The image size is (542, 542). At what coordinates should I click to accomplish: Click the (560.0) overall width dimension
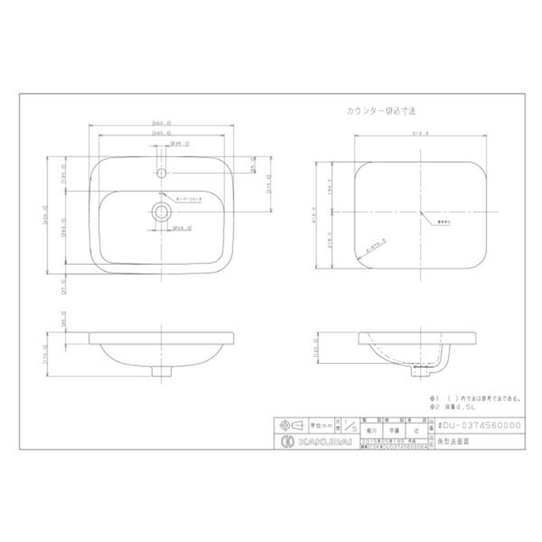coord(161,123)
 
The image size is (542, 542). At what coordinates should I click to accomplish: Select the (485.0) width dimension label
coord(161,134)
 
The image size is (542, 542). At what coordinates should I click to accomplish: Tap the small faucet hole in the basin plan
coord(161,173)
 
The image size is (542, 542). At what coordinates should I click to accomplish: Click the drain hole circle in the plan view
coord(161,211)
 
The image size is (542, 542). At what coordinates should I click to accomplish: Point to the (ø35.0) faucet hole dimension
coord(180,144)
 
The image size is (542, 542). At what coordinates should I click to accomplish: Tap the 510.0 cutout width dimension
coord(420,134)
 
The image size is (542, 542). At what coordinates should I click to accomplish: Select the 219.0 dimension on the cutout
coord(329,243)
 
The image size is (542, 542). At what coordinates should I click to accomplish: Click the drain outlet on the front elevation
coord(161,371)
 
